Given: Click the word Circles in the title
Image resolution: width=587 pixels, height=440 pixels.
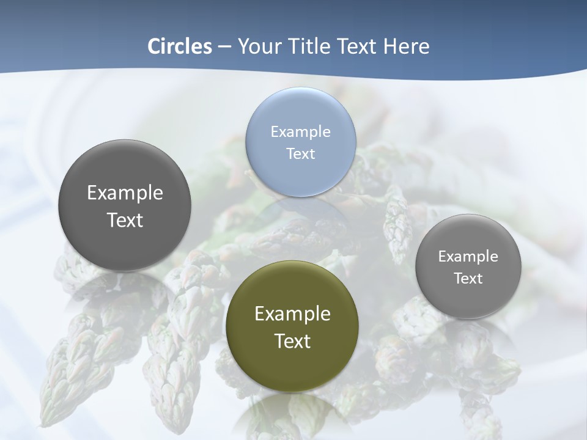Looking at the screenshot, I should click(x=180, y=46).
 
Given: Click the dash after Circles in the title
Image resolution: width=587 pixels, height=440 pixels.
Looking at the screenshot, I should click(x=224, y=47).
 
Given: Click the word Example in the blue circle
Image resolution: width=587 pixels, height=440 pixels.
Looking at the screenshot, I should click(x=300, y=131).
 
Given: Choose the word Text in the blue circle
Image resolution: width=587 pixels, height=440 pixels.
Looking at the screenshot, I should click(x=300, y=153).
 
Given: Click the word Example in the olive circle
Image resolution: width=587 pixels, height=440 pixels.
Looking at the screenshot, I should click(x=292, y=313).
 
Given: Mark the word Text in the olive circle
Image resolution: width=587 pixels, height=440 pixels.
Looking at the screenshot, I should click(x=292, y=340).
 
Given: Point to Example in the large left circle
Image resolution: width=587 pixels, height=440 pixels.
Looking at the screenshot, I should click(x=125, y=193).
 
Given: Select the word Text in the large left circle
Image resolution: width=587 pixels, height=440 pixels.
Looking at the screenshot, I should click(x=125, y=219).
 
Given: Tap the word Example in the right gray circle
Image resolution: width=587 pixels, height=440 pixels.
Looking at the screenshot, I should click(x=468, y=256).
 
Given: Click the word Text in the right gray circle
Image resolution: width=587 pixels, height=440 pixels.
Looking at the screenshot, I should click(x=468, y=278).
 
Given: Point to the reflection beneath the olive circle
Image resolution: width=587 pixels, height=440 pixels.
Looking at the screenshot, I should click(x=292, y=416).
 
